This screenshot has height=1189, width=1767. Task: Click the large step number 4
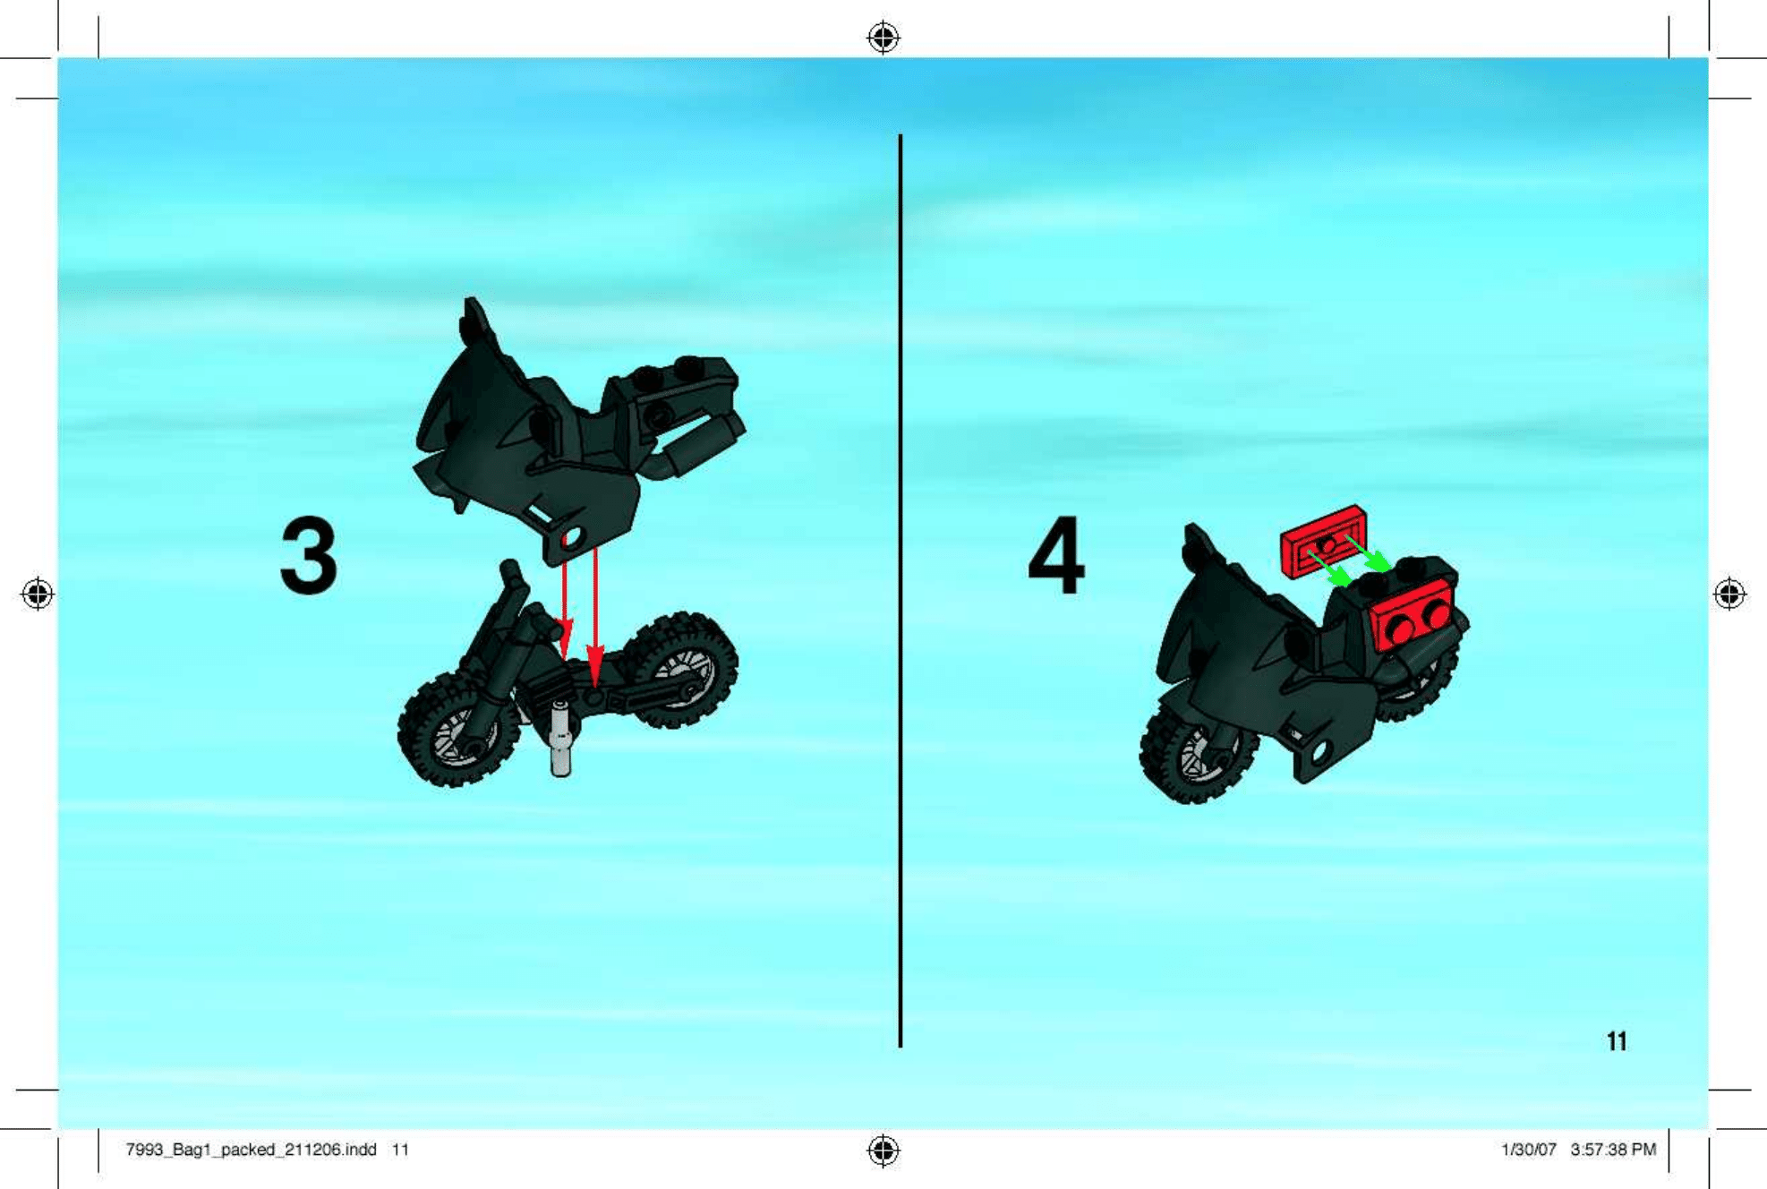click(x=1057, y=555)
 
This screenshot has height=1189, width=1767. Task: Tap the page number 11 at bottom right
click(x=1617, y=1041)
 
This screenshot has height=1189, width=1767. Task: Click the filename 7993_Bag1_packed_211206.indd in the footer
click(x=251, y=1150)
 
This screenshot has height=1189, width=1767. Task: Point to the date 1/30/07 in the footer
click(x=1529, y=1150)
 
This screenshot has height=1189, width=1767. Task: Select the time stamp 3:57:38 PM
click(x=1613, y=1150)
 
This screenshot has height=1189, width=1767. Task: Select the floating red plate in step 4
click(x=1324, y=540)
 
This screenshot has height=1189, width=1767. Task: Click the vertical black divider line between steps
click(x=901, y=591)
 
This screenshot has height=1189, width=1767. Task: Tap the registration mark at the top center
click(x=883, y=38)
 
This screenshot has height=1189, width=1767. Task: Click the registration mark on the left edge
click(x=38, y=594)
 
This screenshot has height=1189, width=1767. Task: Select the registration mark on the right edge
click(x=1729, y=594)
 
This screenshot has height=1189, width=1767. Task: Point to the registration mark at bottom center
click(x=883, y=1151)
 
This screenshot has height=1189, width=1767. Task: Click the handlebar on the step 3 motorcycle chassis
click(x=511, y=578)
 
